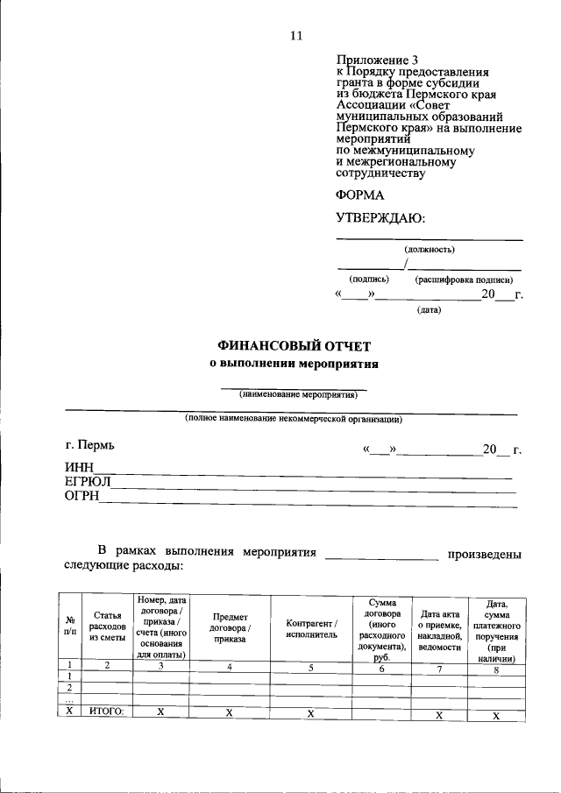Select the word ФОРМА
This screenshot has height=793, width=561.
point(359,195)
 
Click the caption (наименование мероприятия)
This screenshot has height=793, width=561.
point(294,394)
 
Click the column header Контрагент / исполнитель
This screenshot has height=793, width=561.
point(311,627)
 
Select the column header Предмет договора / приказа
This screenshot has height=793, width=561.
point(229,627)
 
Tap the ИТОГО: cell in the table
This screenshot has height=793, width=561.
point(106,712)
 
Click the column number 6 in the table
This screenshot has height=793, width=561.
point(380,668)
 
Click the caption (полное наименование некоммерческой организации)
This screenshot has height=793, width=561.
point(294,419)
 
